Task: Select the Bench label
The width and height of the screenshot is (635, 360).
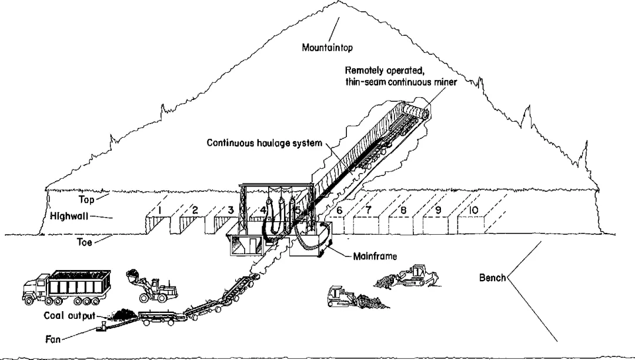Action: [x=492, y=277]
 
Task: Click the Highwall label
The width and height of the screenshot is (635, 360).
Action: [x=70, y=216]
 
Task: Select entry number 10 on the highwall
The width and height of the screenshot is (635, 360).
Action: [x=474, y=210]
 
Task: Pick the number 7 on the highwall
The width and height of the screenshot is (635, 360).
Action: [x=368, y=210]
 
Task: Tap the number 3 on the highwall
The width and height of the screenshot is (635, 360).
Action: [x=231, y=209]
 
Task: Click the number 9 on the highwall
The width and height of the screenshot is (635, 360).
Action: [x=438, y=210]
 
